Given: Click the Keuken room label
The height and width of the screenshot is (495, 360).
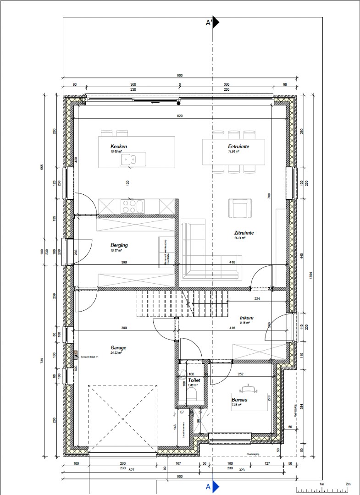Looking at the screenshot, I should click(x=118, y=147).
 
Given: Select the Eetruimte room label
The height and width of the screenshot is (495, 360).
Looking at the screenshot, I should click(x=238, y=147).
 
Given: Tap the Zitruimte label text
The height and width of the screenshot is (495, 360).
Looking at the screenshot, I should click(x=244, y=233).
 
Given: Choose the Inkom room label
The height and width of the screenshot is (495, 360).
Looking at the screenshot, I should click(x=246, y=318).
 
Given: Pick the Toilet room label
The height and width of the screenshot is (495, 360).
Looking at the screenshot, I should click(x=194, y=380).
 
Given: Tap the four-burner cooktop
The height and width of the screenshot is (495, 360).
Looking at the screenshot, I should click(x=129, y=206).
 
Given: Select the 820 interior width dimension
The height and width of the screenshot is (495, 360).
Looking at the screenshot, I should click(x=180, y=116).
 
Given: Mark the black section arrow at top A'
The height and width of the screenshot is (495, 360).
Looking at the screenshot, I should click(x=215, y=22).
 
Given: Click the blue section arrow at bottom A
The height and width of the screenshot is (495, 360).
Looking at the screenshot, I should click(x=216, y=486).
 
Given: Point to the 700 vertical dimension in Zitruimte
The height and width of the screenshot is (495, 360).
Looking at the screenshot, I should click(x=269, y=195).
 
